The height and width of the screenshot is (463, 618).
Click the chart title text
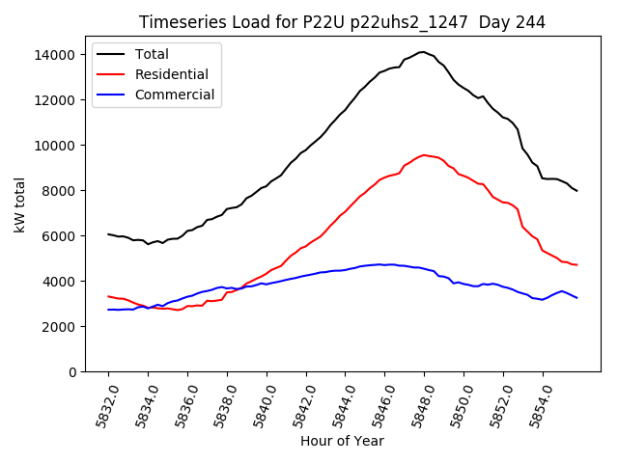[342, 22]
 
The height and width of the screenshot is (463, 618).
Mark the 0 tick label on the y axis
[71, 372]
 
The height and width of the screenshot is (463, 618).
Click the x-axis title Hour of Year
[342, 441]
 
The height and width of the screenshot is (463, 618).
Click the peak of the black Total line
[423, 52]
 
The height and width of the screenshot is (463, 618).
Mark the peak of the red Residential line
[424, 154]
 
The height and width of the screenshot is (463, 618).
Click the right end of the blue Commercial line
[577, 298]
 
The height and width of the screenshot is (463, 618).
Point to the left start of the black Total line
[108, 234]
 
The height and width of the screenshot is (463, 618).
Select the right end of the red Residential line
[577, 265]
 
